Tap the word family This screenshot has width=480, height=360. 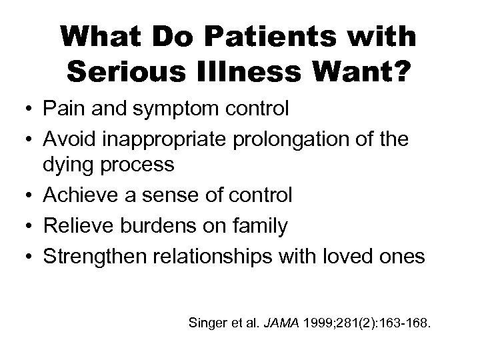pyautogui.click(x=263, y=225)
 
